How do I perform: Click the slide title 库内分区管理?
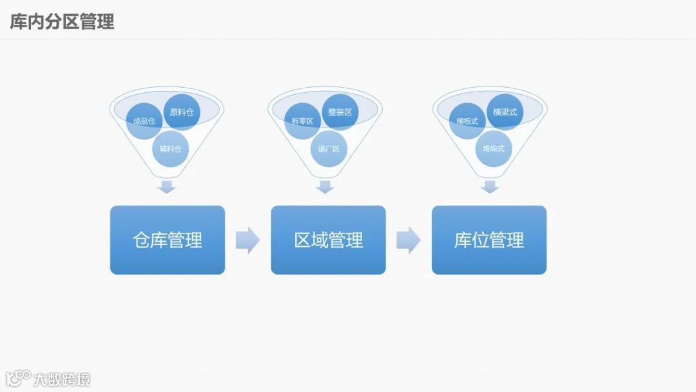(63, 21)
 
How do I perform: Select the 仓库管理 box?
(168, 240)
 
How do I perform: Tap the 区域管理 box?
(328, 240)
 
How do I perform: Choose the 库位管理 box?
(489, 240)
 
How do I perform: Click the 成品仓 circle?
(144, 121)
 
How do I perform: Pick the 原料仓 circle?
(182, 112)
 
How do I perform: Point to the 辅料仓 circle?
(171, 149)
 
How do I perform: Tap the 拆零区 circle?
(302, 121)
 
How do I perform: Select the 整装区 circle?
(340, 112)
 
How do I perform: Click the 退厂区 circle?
(329, 149)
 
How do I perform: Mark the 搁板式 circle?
(467, 121)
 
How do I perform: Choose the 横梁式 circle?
(505, 112)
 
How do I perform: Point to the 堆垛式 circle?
(494, 149)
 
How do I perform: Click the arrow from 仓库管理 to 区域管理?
(247, 240)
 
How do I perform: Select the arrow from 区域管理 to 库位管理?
(408, 240)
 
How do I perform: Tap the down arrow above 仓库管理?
(168, 187)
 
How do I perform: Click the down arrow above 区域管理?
(325, 187)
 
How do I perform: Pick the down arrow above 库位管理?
(490, 187)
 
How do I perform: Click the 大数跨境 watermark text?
(62, 379)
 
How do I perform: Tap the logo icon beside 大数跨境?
(18, 378)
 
